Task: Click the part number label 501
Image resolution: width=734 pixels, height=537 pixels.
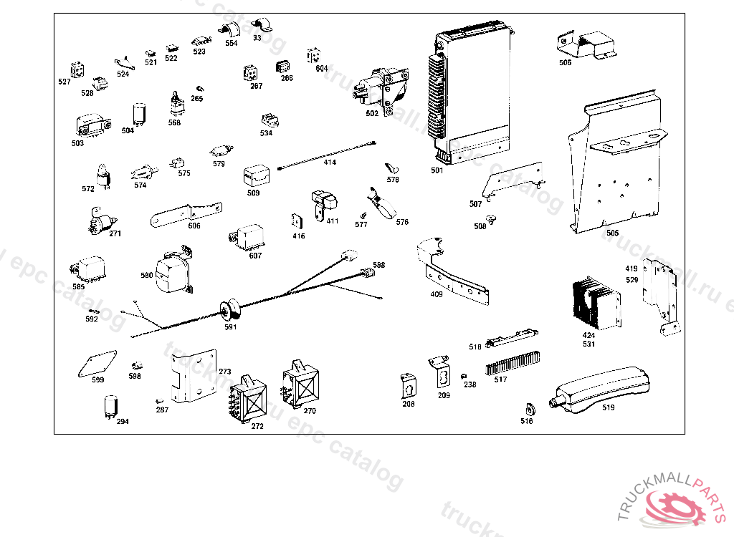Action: point(437,170)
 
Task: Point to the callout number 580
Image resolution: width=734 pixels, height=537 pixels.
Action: point(146,275)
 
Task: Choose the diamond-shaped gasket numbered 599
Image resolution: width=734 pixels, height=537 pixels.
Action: point(96,364)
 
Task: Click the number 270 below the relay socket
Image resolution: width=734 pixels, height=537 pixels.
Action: point(310,411)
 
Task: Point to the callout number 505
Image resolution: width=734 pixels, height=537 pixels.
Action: point(612,233)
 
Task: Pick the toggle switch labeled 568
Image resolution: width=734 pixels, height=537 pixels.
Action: point(175,105)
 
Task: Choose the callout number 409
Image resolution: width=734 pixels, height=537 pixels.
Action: point(437,294)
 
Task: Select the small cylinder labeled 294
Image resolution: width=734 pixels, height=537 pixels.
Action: point(111,405)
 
